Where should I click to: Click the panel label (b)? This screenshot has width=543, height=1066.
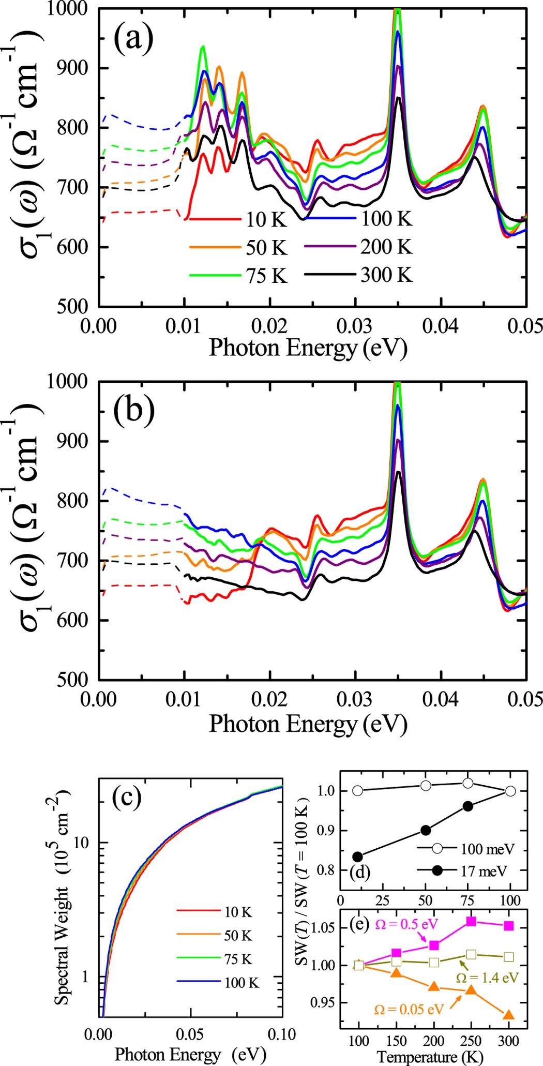(x=133, y=411)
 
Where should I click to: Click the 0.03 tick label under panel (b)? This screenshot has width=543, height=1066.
(x=355, y=699)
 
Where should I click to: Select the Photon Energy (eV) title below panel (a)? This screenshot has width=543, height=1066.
(x=308, y=348)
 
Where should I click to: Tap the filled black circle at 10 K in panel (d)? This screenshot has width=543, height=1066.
(x=357, y=857)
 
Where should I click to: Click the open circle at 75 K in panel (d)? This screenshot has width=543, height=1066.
(x=467, y=783)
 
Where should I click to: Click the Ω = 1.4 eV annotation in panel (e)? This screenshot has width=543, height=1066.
(x=487, y=978)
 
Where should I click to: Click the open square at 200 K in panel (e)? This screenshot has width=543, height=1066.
(x=434, y=962)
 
